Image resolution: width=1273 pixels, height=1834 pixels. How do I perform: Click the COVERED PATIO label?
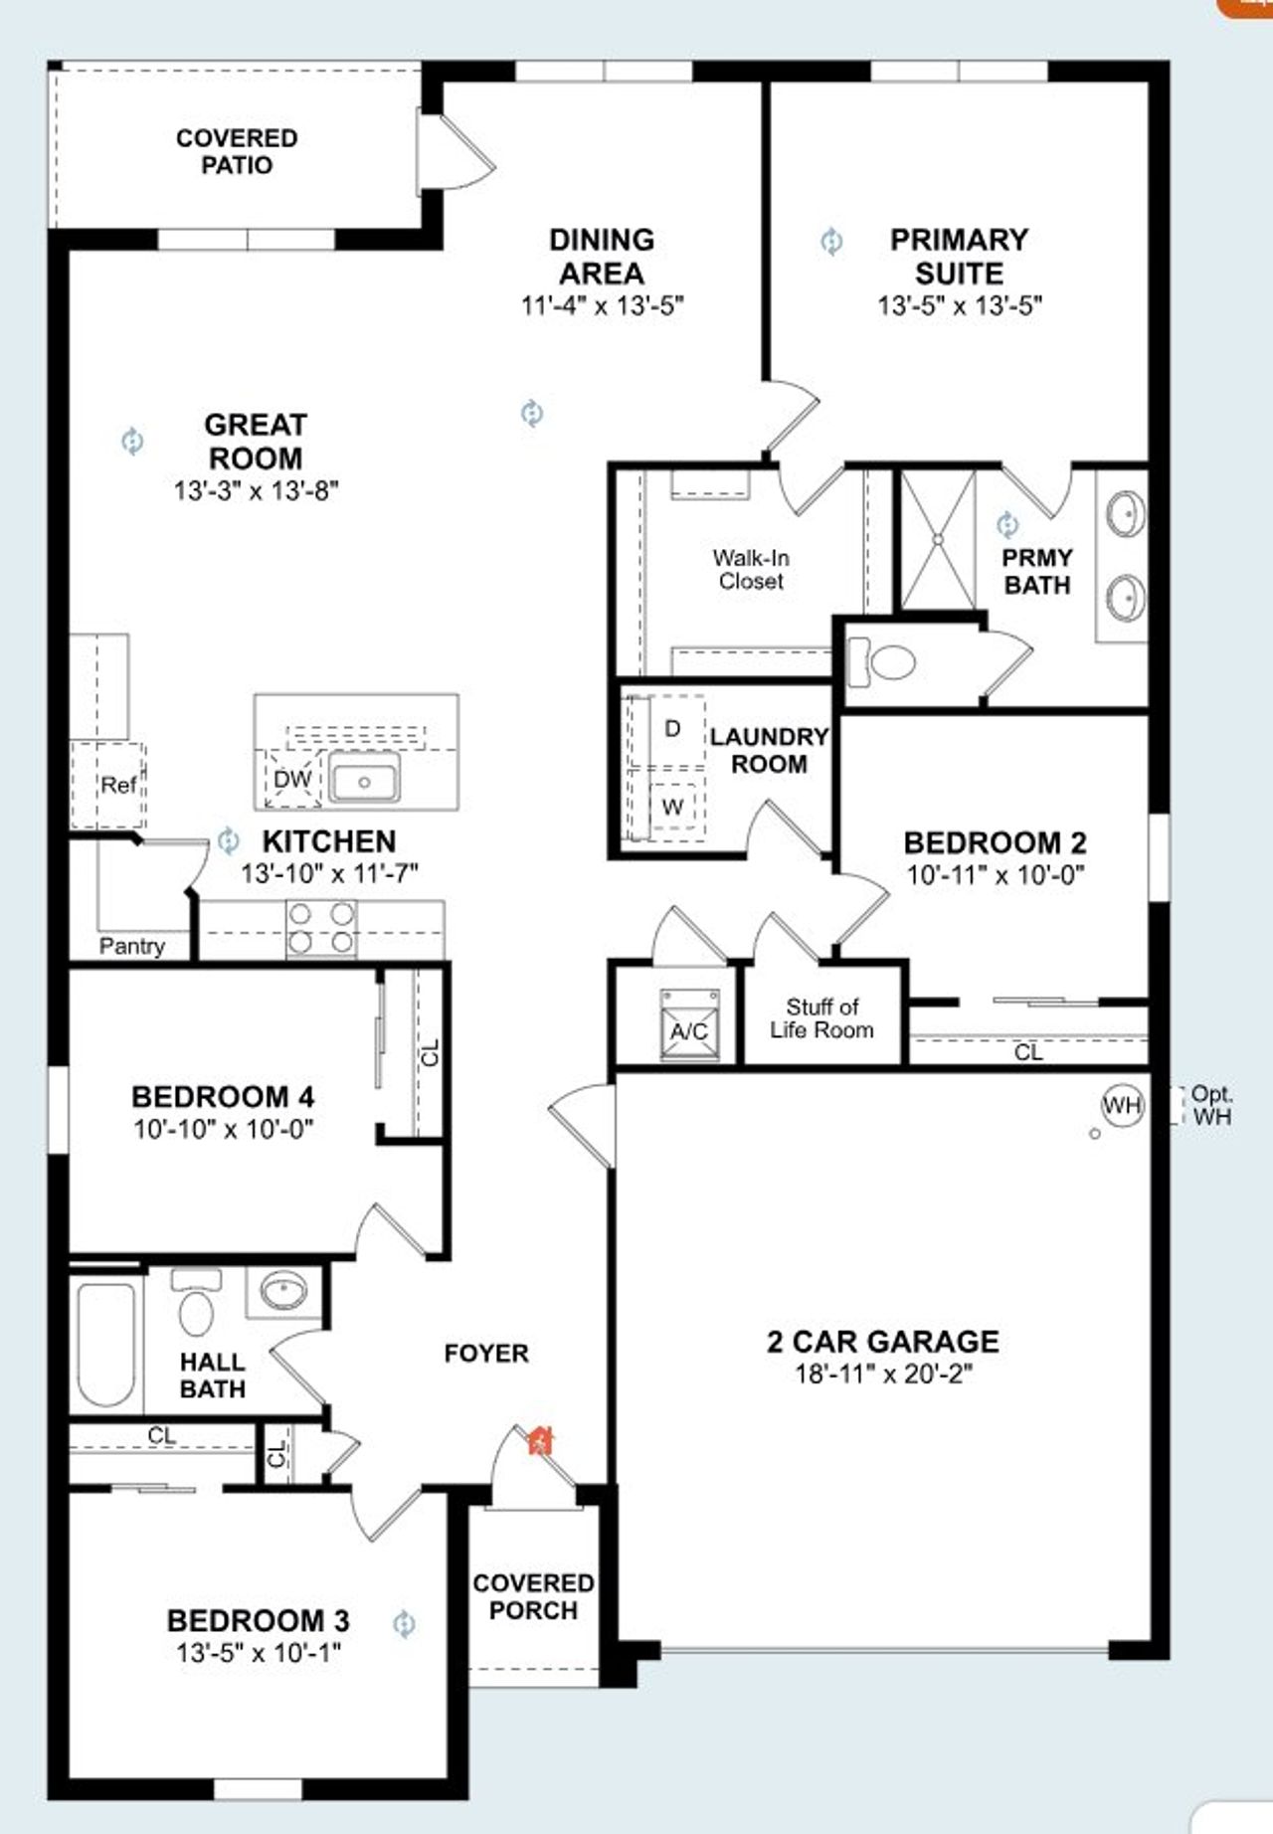coord(237,151)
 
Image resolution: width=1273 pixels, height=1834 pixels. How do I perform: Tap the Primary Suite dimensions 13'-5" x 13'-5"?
coord(959,305)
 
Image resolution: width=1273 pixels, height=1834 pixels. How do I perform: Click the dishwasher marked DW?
coord(292,780)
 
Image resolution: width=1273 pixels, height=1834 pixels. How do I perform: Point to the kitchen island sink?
coord(364,778)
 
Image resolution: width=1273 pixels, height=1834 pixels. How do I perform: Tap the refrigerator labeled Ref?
coord(117,785)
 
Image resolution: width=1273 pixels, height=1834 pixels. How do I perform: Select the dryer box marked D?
coord(672,729)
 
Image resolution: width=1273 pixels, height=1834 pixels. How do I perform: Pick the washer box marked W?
coord(672,807)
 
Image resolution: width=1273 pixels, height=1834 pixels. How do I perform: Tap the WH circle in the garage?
coord(1122,1105)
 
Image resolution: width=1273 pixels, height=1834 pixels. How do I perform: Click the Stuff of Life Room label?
coord(821,1018)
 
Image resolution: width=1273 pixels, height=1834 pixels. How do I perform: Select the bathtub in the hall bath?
coord(105,1344)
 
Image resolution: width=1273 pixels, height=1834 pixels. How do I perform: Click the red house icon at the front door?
coord(540,1440)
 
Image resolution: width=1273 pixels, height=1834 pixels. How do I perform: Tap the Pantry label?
coord(131,946)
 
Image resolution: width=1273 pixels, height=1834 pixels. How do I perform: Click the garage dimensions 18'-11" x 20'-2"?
coord(882,1375)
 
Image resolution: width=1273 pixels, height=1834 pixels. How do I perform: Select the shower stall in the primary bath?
coord(937,539)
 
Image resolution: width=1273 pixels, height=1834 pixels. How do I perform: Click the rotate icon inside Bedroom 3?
coord(404,1624)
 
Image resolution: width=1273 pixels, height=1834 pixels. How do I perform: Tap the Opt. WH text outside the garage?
coord(1211,1105)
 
